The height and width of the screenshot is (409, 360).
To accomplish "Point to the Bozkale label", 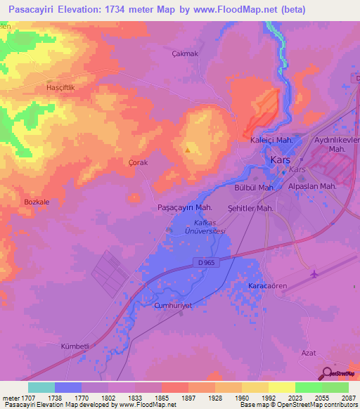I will pyautogui.click(x=37, y=202).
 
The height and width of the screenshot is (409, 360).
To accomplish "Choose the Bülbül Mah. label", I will pyautogui.click(x=253, y=188).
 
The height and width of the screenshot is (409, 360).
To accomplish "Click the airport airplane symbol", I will pyautogui.click(x=313, y=273).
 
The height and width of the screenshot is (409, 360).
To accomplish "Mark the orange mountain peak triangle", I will pyautogui.click(x=187, y=149).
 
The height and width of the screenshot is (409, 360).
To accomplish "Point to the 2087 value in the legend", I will pyautogui.click(x=347, y=397).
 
